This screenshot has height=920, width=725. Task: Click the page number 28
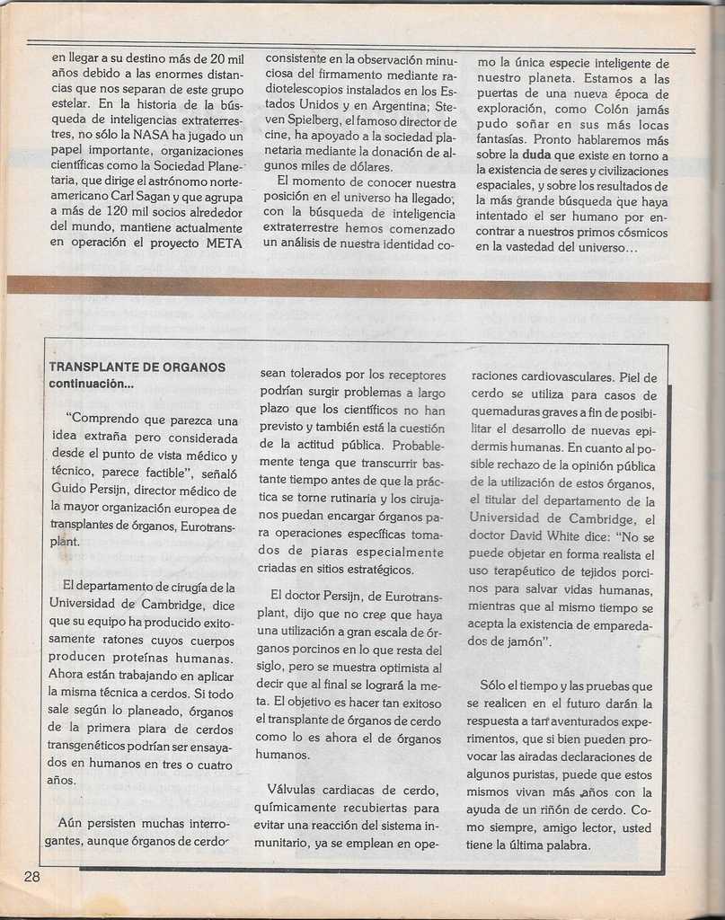(31, 877)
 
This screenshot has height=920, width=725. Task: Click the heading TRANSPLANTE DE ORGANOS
(137, 367)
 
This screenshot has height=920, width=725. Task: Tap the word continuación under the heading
(90, 385)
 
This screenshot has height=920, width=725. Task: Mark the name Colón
(614, 109)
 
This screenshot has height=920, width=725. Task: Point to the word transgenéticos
(92, 747)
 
